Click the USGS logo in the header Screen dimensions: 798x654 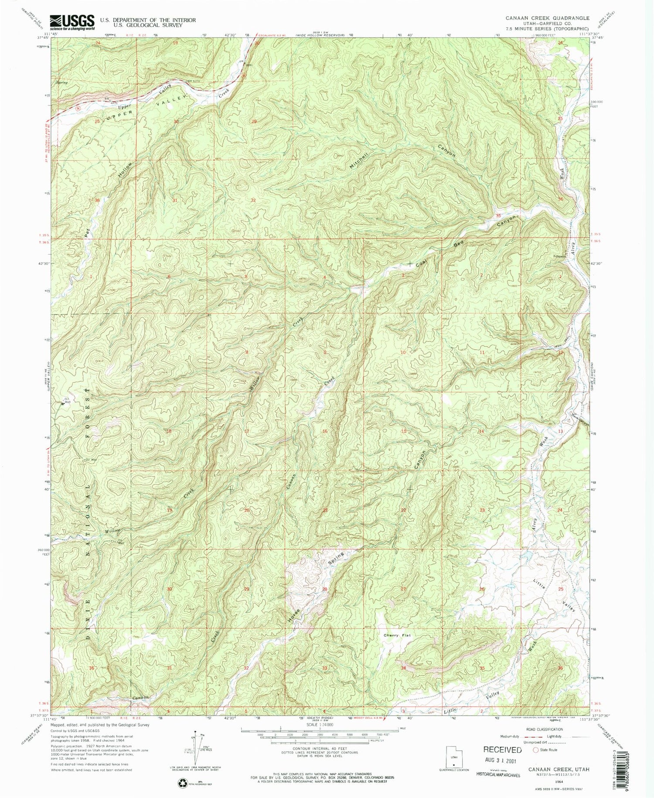72,22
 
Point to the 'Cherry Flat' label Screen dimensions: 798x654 397,635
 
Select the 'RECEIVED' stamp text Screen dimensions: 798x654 502,750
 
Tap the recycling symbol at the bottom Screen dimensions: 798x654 182,784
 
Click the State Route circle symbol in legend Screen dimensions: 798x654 536,750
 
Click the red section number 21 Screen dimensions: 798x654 325,510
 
